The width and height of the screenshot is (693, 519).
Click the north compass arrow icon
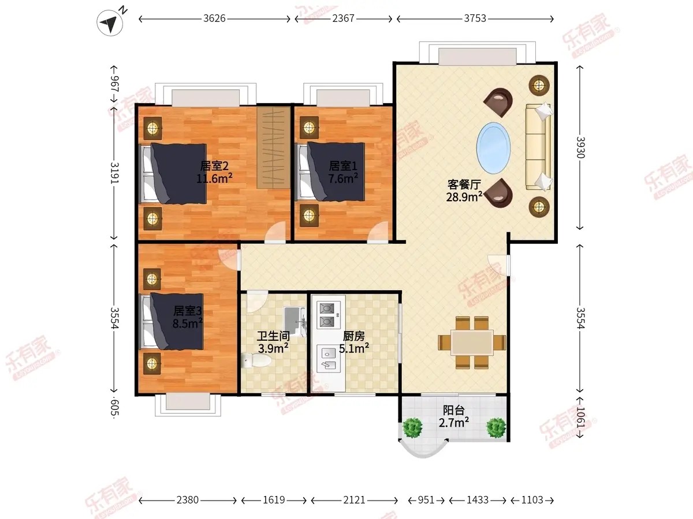[110, 22]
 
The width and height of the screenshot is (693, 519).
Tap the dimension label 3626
[214, 18]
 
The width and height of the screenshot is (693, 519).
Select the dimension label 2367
[343, 18]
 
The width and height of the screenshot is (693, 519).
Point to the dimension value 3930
[580, 148]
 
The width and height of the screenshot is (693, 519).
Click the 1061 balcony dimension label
[580, 417]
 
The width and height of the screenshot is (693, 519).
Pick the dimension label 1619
[274, 500]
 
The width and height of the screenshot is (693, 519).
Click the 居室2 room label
[214, 166]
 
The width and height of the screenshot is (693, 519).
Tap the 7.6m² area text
[343, 179]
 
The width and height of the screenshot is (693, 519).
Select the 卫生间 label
[273, 336]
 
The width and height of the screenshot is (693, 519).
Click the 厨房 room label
[354, 336]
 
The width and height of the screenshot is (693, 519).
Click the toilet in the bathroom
[256, 360]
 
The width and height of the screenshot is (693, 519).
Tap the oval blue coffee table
[493, 148]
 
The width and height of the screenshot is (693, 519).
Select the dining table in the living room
[472, 342]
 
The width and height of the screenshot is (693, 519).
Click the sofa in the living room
[539, 147]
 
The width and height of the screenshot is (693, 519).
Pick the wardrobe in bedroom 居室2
[273, 148]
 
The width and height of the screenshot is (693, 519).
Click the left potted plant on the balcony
[412, 428]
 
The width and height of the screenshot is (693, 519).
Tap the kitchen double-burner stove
[329, 315]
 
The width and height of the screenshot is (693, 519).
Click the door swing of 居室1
[378, 232]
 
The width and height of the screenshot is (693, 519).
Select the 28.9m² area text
[464, 197]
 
